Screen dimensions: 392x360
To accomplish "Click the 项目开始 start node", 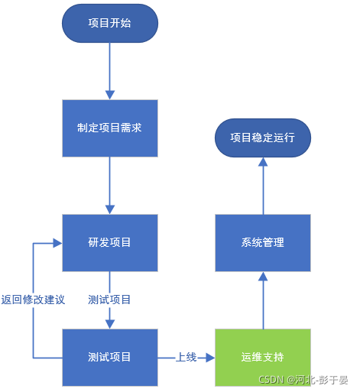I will point(109,23).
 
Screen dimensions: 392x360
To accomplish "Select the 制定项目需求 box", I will point(109,128).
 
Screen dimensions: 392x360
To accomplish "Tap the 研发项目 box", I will point(109,242).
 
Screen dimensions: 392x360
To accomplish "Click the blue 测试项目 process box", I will point(109,357).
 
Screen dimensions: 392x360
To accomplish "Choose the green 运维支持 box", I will point(262,357).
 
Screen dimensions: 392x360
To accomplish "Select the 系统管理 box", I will point(262,242).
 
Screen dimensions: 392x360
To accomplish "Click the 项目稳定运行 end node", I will point(262,138).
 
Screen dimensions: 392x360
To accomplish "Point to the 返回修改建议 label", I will point(33,300).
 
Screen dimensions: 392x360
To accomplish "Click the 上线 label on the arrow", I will point(186,357).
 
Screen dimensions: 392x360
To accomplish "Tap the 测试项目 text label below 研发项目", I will point(109,300).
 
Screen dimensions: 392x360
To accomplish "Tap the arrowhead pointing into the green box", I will point(210,357).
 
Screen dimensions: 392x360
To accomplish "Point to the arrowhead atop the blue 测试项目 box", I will point(109,324).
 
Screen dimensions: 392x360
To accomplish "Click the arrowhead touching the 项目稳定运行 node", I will point(262,162).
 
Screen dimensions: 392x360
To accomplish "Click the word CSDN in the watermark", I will point(271,380).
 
